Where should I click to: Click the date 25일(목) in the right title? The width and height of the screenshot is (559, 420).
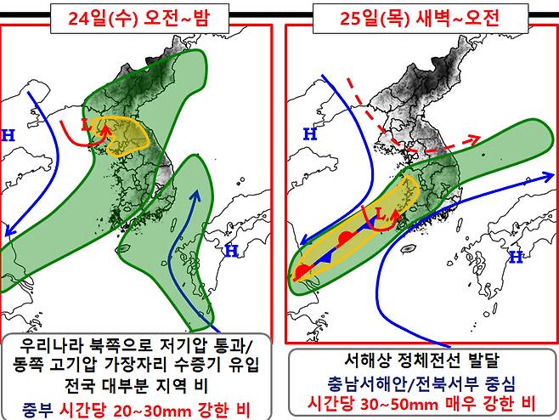(x=360, y=16)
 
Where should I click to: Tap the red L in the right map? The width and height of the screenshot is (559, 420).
(x=381, y=219)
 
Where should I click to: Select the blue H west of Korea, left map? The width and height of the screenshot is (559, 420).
(x=9, y=134)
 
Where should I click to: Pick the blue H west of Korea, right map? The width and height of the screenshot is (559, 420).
(x=310, y=133)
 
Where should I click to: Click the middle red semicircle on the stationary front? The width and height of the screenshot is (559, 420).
(x=344, y=239)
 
